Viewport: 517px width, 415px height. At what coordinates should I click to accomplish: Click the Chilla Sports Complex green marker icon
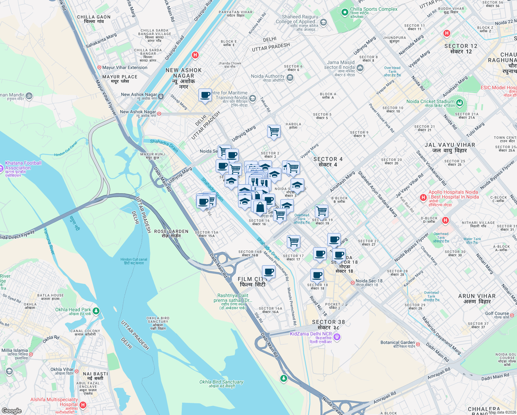(x=345, y=12)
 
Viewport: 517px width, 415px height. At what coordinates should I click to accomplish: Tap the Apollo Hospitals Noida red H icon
(x=423, y=197)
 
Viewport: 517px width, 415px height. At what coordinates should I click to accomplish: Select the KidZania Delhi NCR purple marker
(x=337, y=336)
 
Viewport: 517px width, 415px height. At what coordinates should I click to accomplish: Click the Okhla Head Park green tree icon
(x=96, y=311)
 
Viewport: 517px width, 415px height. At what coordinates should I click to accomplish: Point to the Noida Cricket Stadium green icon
(x=459, y=103)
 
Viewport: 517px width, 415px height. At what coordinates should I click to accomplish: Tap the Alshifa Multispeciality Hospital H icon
(x=83, y=405)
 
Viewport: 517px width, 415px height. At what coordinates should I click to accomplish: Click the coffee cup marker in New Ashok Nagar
(x=205, y=95)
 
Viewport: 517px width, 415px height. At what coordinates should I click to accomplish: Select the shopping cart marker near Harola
(x=274, y=131)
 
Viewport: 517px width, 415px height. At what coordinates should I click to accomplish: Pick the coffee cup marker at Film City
(x=269, y=272)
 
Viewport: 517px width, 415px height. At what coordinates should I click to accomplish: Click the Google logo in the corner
(x=11, y=411)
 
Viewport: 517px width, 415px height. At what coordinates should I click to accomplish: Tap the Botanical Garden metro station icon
(x=418, y=344)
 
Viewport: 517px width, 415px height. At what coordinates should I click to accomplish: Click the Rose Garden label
(x=171, y=233)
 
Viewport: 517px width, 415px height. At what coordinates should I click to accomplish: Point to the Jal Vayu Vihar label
(x=450, y=148)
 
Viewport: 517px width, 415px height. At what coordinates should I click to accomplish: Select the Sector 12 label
(x=461, y=49)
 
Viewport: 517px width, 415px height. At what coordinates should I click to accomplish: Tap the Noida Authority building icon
(x=290, y=78)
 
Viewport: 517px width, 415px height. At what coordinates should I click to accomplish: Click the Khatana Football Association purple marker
(x=2, y=165)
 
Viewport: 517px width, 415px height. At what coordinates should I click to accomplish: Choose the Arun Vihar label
(x=477, y=299)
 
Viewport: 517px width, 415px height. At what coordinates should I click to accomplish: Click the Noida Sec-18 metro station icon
(x=352, y=283)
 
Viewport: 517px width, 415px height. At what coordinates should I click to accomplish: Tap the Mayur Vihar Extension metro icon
(x=99, y=67)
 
